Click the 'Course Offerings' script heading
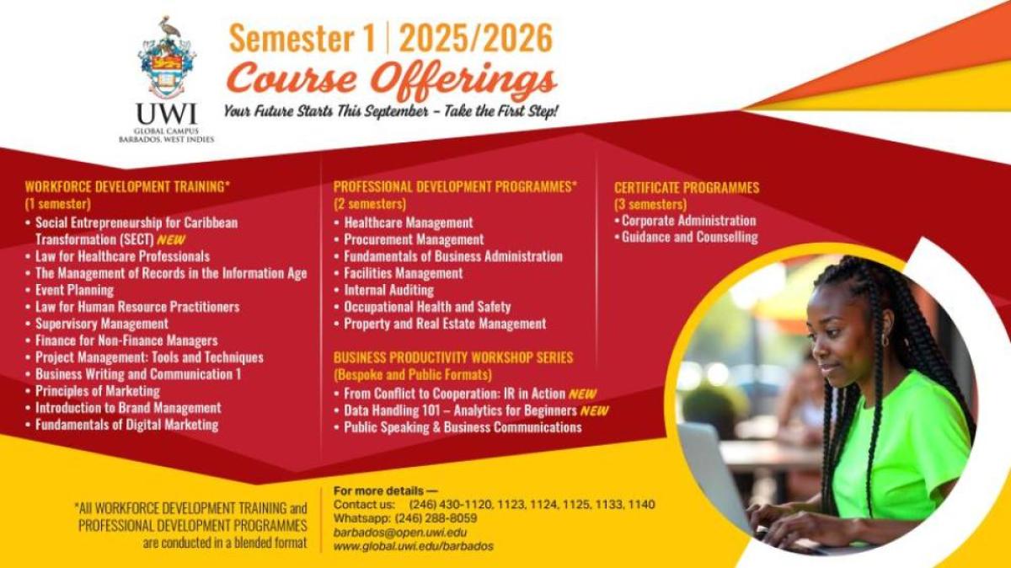392,80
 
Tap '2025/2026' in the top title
476,38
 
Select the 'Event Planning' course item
74,290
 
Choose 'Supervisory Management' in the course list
102,324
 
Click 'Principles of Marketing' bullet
98,391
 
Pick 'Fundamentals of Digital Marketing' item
127,425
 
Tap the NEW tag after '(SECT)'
171,239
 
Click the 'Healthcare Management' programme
409,222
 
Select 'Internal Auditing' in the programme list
388,290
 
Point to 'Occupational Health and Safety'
427,307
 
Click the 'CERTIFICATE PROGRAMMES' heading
687,188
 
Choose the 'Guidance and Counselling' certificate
690,238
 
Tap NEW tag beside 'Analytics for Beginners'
595,411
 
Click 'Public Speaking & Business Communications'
463,427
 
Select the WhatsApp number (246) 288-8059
436,518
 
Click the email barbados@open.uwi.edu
400,533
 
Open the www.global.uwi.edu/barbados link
414,546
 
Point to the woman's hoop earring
885,340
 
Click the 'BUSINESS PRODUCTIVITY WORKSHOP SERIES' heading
453,357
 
